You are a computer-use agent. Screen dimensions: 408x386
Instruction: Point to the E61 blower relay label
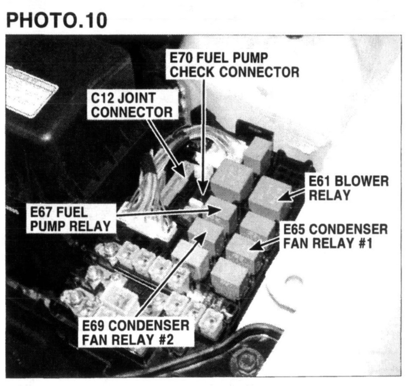(348, 188)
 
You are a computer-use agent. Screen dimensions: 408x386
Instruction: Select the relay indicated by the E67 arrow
(223, 212)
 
